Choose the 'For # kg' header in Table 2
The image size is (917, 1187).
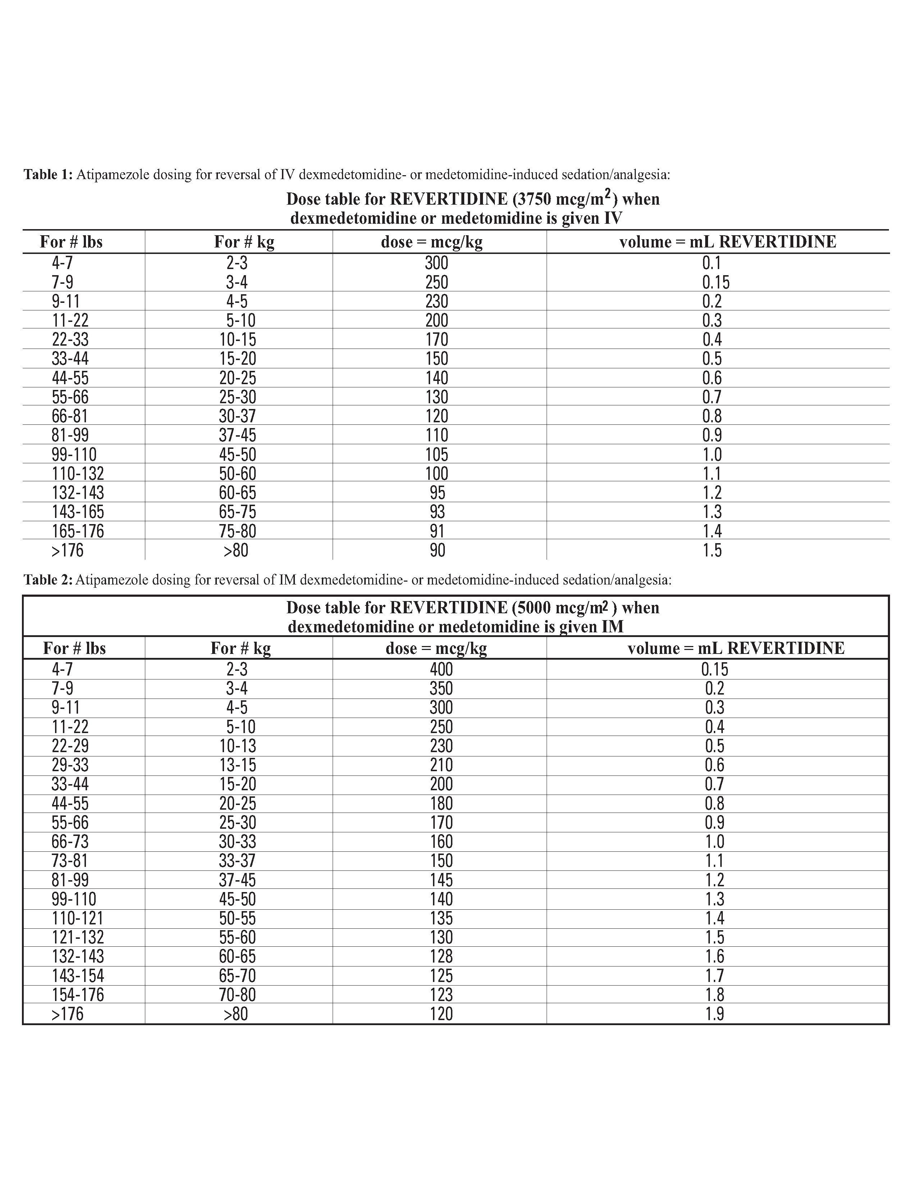click(x=241, y=649)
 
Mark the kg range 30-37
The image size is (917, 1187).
click(x=237, y=416)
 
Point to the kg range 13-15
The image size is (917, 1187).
click(x=237, y=765)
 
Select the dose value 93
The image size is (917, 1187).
click(x=437, y=512)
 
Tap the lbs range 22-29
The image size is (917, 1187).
click(x=70, y=746)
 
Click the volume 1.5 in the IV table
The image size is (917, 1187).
click(x=712, y=551)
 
